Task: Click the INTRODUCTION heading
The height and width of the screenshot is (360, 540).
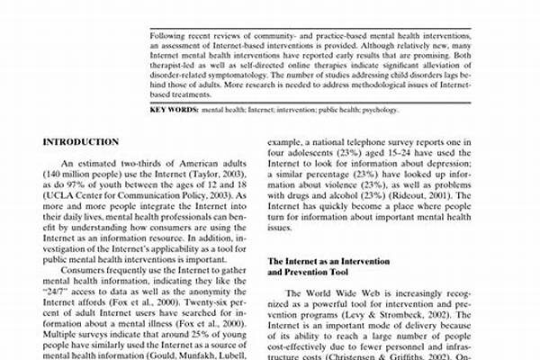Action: [x=81, y=142]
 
